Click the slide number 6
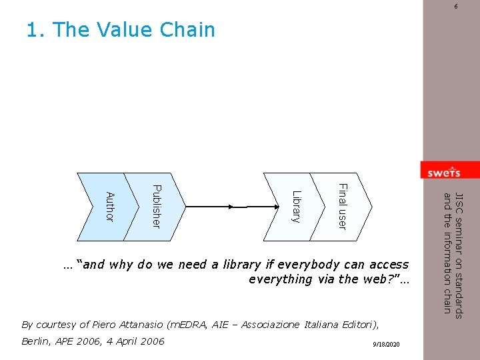point(456,6)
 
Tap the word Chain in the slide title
point(187,30)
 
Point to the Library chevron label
point(297,206)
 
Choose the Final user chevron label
point(341,206)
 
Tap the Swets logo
point(444,172)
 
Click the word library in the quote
point(241,265)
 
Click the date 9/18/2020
point(387,343)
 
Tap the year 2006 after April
point(151,341)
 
